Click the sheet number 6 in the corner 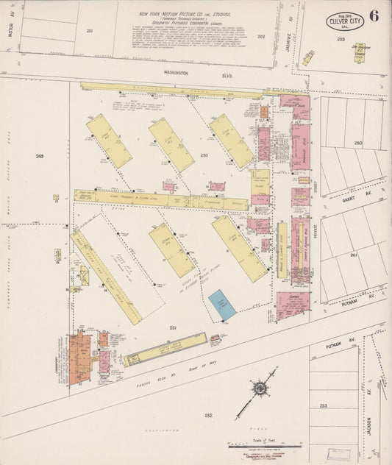374,17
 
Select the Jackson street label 368,431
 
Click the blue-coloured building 222,305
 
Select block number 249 39,156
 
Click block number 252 208,415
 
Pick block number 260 358,143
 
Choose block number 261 354,255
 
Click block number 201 90,31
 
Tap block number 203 341,38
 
